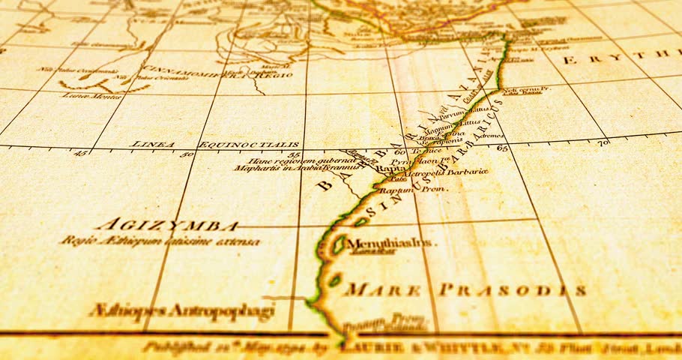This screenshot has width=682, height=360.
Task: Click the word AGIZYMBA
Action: (166, 225)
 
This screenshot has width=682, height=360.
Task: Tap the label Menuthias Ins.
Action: (395, 243)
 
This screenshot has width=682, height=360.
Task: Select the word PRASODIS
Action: (512, 290)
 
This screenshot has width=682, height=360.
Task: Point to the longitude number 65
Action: (501, 148)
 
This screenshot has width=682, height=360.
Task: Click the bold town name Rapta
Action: (390, 169)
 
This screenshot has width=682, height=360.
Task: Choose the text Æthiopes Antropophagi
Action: (181, 311)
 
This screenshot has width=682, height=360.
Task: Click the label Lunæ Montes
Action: (83, 95)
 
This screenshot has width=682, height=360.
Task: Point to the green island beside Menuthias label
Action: (340, 244)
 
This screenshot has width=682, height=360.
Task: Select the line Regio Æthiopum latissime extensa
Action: (160, 241)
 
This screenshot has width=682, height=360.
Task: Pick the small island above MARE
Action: (334, 281)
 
